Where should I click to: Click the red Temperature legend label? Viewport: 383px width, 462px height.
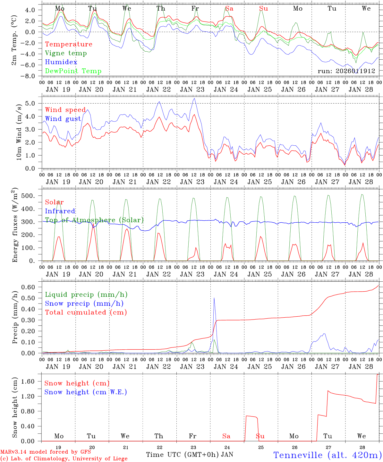pos(69,44)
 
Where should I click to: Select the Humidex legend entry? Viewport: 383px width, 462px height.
pos(61,62)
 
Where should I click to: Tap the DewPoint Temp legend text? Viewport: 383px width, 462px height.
pos(73,71)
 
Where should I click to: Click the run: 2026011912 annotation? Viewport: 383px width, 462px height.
pos(346,71)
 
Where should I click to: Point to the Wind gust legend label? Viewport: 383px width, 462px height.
pos(63,119)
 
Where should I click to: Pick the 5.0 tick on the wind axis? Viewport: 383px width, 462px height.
pos(32,103)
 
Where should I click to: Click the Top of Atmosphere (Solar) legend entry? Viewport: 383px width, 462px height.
pos(94,220)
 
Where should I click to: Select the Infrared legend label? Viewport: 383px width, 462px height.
pos(60,211)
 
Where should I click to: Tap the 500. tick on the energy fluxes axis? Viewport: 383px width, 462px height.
pos(31,196)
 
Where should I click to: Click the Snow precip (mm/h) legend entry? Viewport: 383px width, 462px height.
pos(84,304)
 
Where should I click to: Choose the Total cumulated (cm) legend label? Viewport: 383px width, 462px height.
pos(86,312)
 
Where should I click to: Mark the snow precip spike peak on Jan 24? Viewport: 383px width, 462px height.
pos(214,298)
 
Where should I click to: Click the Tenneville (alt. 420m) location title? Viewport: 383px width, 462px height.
pos(328,455)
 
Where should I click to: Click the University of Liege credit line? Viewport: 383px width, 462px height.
pos(64,458)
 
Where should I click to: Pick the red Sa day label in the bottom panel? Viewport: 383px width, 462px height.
pos(226,436)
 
